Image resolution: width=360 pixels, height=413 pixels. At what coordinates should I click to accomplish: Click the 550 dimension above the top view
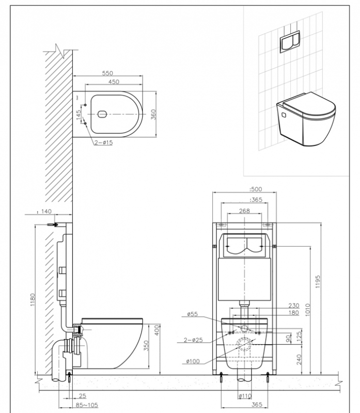[107, 74]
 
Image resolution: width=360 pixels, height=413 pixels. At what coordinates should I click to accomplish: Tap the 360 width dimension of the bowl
[153, 115]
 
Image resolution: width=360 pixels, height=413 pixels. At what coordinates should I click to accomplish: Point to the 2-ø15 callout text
[103, 142]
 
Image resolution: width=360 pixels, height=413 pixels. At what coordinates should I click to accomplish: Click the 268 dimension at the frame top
[245, 210]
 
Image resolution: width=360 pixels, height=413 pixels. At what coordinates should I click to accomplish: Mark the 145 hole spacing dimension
[79, 115]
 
